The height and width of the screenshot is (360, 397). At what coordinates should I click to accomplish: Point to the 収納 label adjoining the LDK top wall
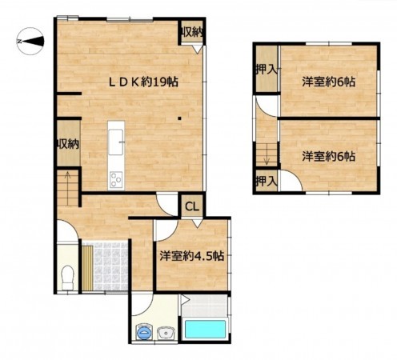(191, 32)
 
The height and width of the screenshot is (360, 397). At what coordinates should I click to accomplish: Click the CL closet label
(192, 206)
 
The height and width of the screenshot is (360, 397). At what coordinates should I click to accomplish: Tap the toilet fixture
(68, 272)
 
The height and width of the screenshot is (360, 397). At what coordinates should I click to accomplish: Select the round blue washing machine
(144, 330)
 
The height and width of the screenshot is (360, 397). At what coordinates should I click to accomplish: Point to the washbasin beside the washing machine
(167, 331)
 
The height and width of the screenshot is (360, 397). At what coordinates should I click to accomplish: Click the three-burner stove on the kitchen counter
(115, 178)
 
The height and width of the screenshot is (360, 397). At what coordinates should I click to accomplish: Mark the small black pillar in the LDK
(180, 121)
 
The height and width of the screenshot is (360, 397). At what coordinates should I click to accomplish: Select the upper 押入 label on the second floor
(266, 70)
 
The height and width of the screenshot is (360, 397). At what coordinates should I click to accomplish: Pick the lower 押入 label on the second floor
(266, 182)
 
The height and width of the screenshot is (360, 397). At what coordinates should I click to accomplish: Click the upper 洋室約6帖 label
(328, 82)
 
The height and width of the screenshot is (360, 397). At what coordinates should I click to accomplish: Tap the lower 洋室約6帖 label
(328, 157)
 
